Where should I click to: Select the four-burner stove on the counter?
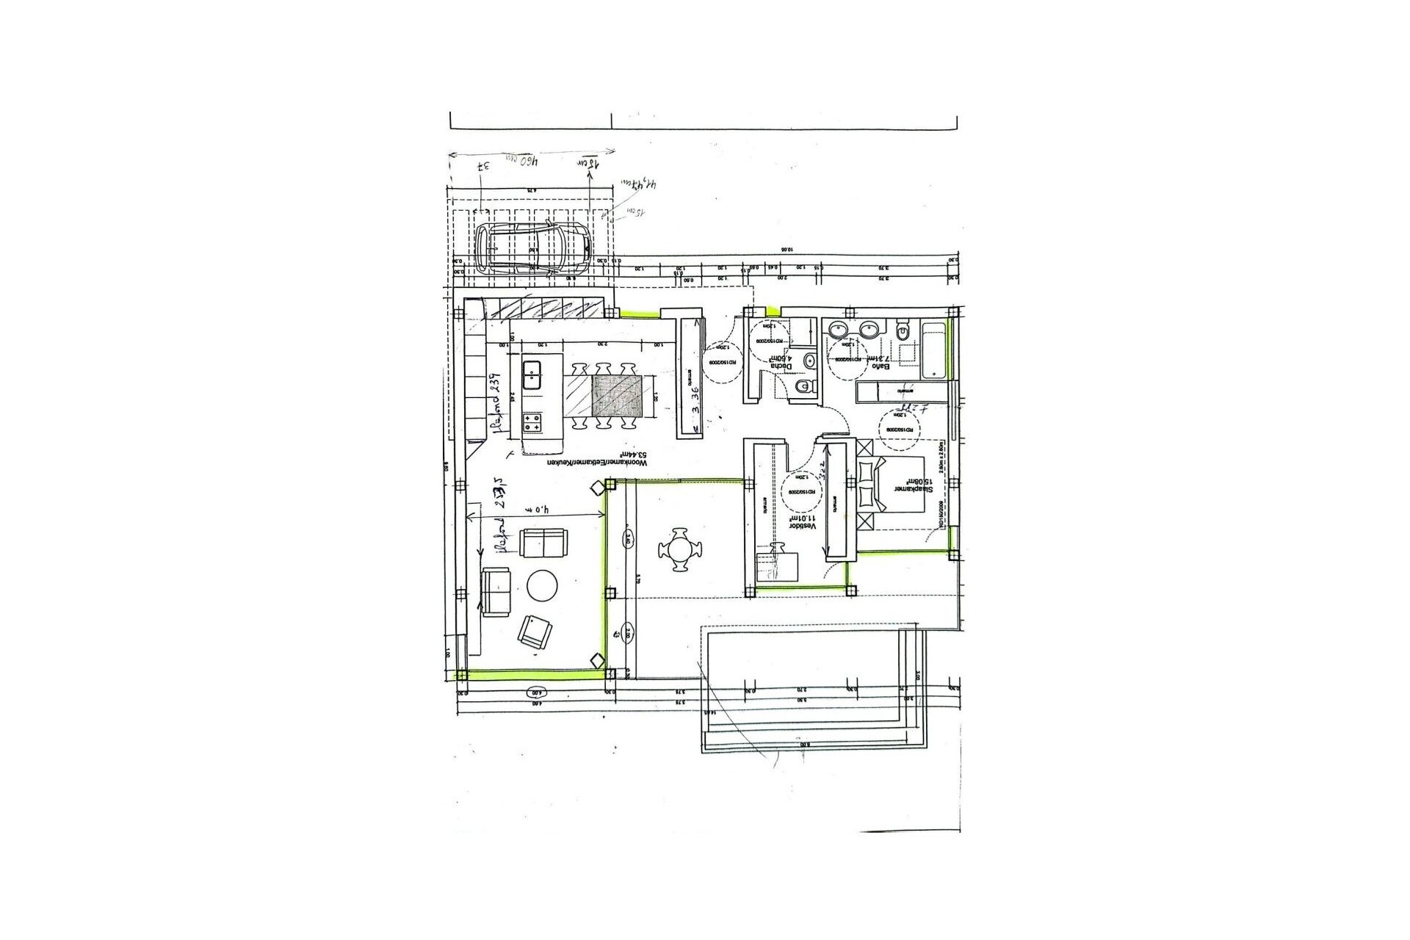tap(532, 422)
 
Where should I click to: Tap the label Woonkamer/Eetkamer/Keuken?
tap(599, 466)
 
